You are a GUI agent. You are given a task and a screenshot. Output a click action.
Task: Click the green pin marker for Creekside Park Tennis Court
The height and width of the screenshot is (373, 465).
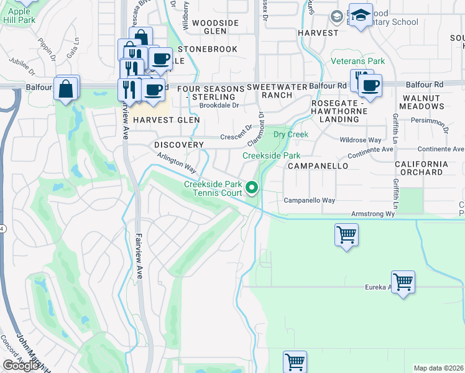(x=252, y=186)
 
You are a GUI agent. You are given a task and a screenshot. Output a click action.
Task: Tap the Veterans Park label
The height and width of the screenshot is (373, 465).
(x=357, y=61)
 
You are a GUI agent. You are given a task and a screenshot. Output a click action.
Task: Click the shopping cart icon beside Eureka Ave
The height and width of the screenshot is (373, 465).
(x=403, y=282)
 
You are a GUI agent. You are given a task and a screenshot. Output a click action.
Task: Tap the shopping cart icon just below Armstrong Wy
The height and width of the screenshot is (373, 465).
(x=346, y=235)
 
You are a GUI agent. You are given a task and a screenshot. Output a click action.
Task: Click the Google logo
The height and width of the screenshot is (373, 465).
(x=21, y=366)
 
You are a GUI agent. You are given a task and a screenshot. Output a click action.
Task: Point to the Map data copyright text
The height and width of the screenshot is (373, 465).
(x=439, y=368)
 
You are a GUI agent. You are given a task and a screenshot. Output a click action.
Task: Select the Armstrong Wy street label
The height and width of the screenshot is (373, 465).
(x=374, y=214)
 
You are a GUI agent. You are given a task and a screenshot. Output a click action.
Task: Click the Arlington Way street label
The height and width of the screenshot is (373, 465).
(x=176, y=165)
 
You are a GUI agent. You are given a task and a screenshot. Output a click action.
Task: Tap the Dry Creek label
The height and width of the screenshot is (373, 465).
(x=291, y=134)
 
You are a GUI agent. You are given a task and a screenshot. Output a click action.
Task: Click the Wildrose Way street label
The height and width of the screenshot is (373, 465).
(x=361, y=140)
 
